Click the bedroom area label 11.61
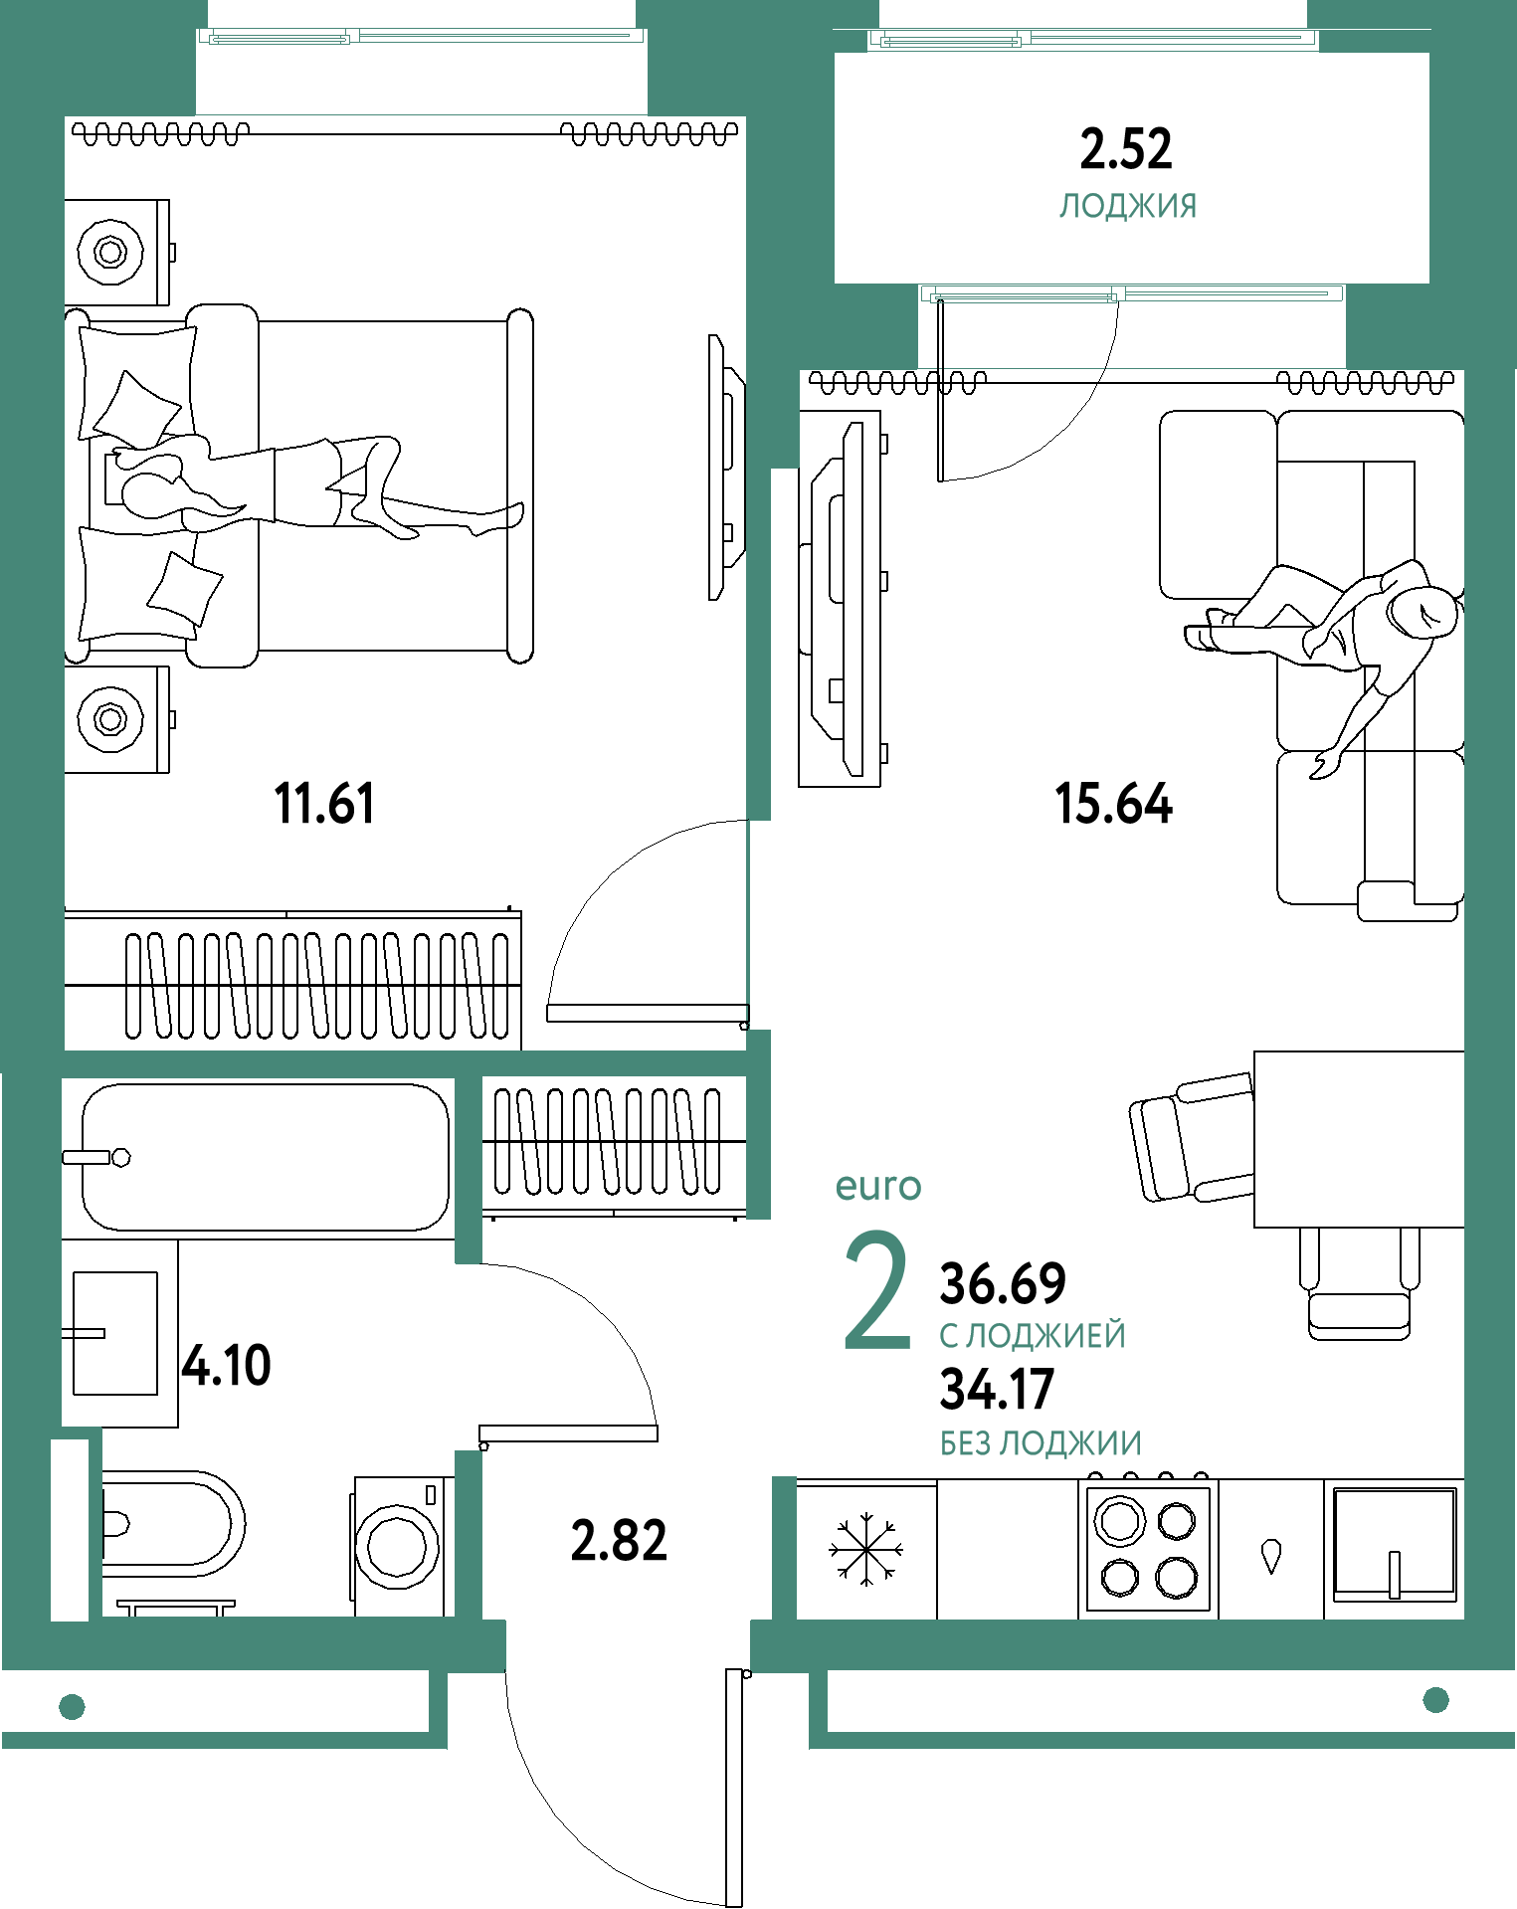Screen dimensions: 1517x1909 (x=324, y=804)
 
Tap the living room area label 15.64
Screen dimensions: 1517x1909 (x=1113, y=804)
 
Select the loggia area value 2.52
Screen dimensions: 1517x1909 (x=1126, y=149)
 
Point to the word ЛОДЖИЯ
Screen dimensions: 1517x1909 (x=1128, y=206)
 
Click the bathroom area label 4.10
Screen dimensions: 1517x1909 (x=227, y=1365)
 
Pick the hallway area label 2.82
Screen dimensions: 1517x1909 (x=619, y=1541)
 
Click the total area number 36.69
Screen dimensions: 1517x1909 (x=1003, y=1283)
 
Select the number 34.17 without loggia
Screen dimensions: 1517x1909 (x=997, y=1390)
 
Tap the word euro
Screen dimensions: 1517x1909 (x=878, y=1186)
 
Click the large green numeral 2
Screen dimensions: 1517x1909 (x=877, y=1291)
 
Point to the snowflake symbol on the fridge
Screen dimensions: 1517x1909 (x=866, y=1549)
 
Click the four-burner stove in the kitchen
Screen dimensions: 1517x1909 (x=1149, y=1548)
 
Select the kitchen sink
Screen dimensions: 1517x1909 (x=1394, y=1545)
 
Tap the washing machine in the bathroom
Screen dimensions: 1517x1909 (x=398, y=1546)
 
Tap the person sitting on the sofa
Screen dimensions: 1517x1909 (x=1333, y=647)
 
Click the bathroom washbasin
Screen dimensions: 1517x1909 (x=115, y=1333)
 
